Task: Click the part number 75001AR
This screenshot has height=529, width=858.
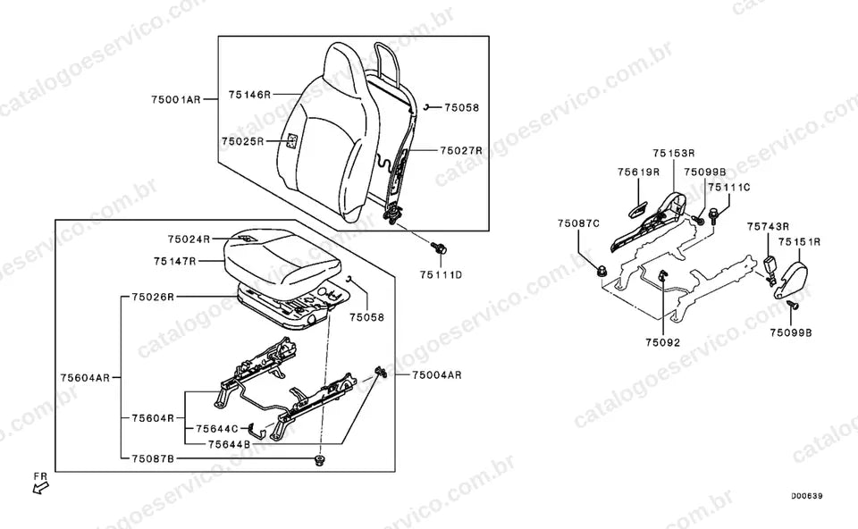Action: [176, 99]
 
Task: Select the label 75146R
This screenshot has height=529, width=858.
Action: [249, 95]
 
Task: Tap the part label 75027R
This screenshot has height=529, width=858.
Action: [461, 150]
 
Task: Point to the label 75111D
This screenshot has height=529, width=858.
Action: [441, 274]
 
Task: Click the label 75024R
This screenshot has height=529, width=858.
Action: [189, 239]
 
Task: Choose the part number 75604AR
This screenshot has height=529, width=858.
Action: [86, 377]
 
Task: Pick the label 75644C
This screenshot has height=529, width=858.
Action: [217, 429]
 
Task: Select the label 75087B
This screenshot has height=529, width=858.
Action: [153, 458]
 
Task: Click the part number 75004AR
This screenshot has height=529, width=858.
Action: [437, 374]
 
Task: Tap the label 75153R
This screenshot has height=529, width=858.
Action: [674, 153]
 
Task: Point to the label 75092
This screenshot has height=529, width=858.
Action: [662, 342]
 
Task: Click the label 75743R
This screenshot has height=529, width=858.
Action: [769, 226]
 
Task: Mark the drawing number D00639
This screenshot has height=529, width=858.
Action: [806, 496]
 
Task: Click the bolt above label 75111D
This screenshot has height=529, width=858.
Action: [438, 248]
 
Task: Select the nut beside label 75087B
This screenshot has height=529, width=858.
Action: [319, 459]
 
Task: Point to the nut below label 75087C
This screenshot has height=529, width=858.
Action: [601, 270]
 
